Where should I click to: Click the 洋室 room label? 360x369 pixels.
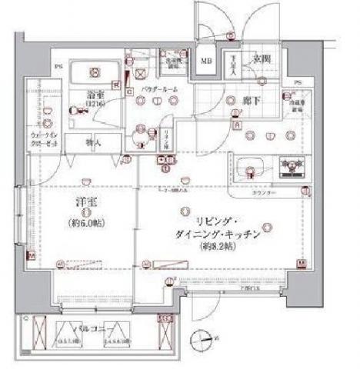(85, 201)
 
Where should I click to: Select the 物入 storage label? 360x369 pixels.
(92, 142)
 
